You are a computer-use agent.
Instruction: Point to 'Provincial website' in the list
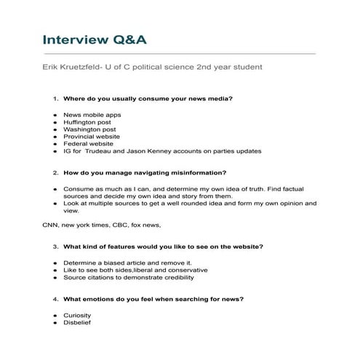coord(92,136)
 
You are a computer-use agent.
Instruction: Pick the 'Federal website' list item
coord(87,143)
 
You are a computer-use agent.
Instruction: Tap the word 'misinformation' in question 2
coord(200,173)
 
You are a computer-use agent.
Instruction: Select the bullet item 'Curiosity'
coord(77,315)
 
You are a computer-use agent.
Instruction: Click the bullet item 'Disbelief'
coord(76,322)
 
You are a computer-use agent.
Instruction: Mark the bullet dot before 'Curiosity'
coord(55,315)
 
